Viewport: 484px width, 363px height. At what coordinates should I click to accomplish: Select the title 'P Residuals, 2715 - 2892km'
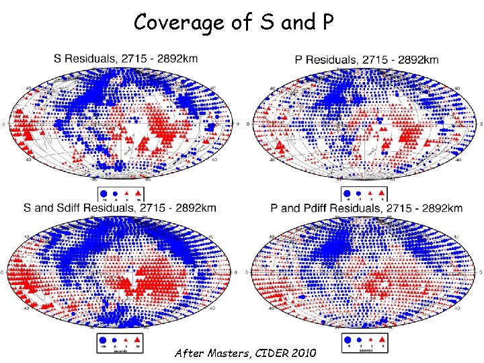tap(366, 59)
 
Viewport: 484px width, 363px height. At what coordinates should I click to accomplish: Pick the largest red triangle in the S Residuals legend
tap(137, 192)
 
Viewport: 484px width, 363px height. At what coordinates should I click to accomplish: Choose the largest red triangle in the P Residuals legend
tap(381, 192)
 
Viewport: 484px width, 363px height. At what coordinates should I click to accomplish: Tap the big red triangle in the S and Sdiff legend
tap(137, 339)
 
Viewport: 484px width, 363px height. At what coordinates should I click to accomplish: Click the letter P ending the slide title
tap(327, 22)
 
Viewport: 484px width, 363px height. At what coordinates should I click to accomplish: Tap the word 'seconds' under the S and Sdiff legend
tap(121, 351)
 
